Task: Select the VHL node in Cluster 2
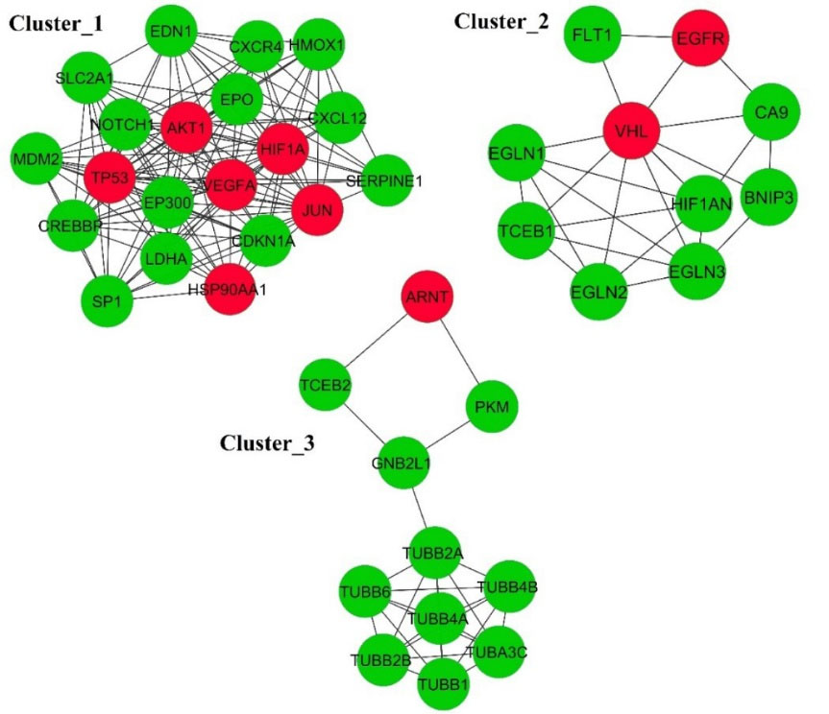[631, 131]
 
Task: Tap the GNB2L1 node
[401, 464]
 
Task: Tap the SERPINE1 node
[390, 179]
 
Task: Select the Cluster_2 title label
[501, 20]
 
